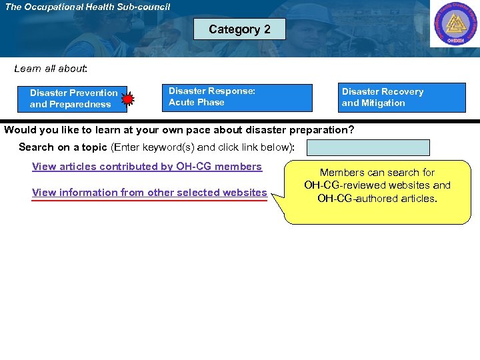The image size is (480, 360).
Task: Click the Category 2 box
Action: point(239,29)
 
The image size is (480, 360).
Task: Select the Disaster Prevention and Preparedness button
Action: point(73,99)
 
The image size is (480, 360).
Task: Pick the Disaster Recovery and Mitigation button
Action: point(402,97)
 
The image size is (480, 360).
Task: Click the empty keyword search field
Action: point(368,147)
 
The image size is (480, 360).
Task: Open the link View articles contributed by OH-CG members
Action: point(147,167)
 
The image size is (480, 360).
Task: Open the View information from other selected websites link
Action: point(149,193)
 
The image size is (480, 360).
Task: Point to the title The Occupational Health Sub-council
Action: point(87,7)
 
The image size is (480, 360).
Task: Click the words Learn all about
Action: point(51,69)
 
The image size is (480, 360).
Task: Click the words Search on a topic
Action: point(63,147)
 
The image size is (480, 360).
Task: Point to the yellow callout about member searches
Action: point(377,191)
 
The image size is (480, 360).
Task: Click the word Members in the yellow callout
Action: point(341,173)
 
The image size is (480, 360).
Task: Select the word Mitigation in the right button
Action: point(383,103)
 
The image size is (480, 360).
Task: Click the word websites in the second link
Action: point(245,193)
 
